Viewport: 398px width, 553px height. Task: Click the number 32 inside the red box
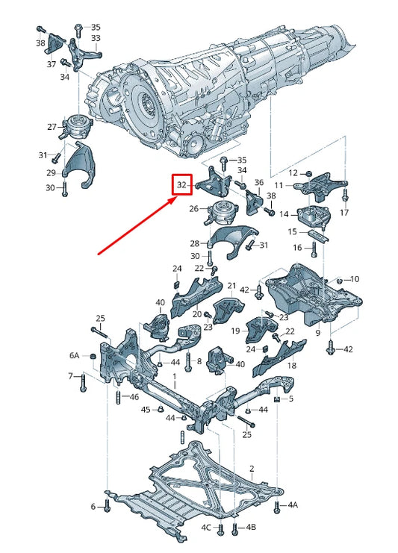click(182, 184)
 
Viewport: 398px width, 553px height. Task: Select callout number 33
click(96, 38)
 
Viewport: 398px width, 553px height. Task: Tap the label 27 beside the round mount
click(52, 127)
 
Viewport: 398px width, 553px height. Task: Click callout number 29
click(52, 172)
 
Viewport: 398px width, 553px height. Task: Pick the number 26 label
click(194, 209)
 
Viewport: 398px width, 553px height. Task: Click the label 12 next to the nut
click(294, 172)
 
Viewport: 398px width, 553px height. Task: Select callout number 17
click(344, 213)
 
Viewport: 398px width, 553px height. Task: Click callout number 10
click(355, 278)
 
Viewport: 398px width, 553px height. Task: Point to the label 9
click(317, 332)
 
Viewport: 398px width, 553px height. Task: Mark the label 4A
click(293, 505)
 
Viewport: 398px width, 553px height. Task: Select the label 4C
click(205, 528)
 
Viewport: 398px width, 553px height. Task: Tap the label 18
click(292, 366)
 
